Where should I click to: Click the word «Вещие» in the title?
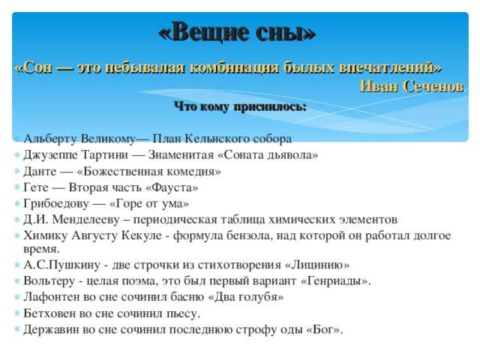[x=208, y=32]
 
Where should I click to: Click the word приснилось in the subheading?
[x=270, y=107]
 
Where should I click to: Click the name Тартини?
[x=104, y=155]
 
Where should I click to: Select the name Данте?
[x=40, y=172]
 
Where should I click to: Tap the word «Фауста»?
[x=172, y=187]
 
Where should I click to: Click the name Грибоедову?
[x=56, y=204]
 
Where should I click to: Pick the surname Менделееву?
[x=85, y=220]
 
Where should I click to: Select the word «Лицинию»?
[x=317, y=265]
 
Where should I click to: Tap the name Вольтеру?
[x=49, y=281]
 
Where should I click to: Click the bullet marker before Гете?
[x=17, y=187]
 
